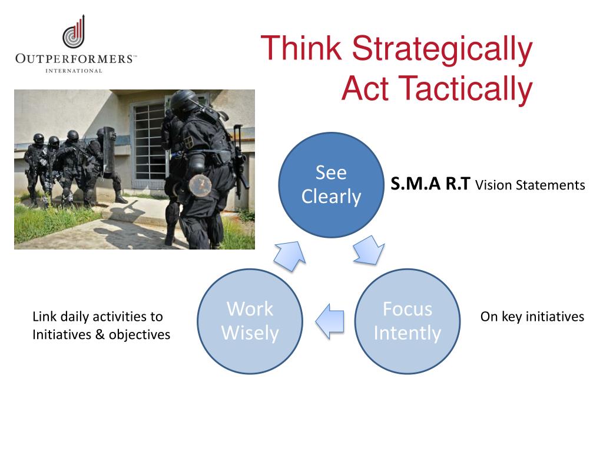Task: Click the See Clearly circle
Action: (331, 185)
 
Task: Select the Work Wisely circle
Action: (250, 321)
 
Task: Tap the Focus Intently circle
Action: (407, 321)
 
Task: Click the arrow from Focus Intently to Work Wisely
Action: (330, 321)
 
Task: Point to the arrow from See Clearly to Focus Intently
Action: (369, 250)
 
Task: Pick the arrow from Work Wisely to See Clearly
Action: (290, 255)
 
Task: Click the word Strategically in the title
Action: (442, 49)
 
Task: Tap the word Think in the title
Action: (301, 48)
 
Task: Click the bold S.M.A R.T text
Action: (430, 184)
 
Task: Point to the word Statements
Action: (551, 185)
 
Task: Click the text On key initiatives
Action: (532, 316)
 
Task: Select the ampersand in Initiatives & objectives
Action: (100, 334)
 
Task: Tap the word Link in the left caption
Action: (45, 316)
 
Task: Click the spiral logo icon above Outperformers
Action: (74, 32)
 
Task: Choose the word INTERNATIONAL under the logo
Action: (74, 71)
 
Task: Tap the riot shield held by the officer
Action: (109, 151)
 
